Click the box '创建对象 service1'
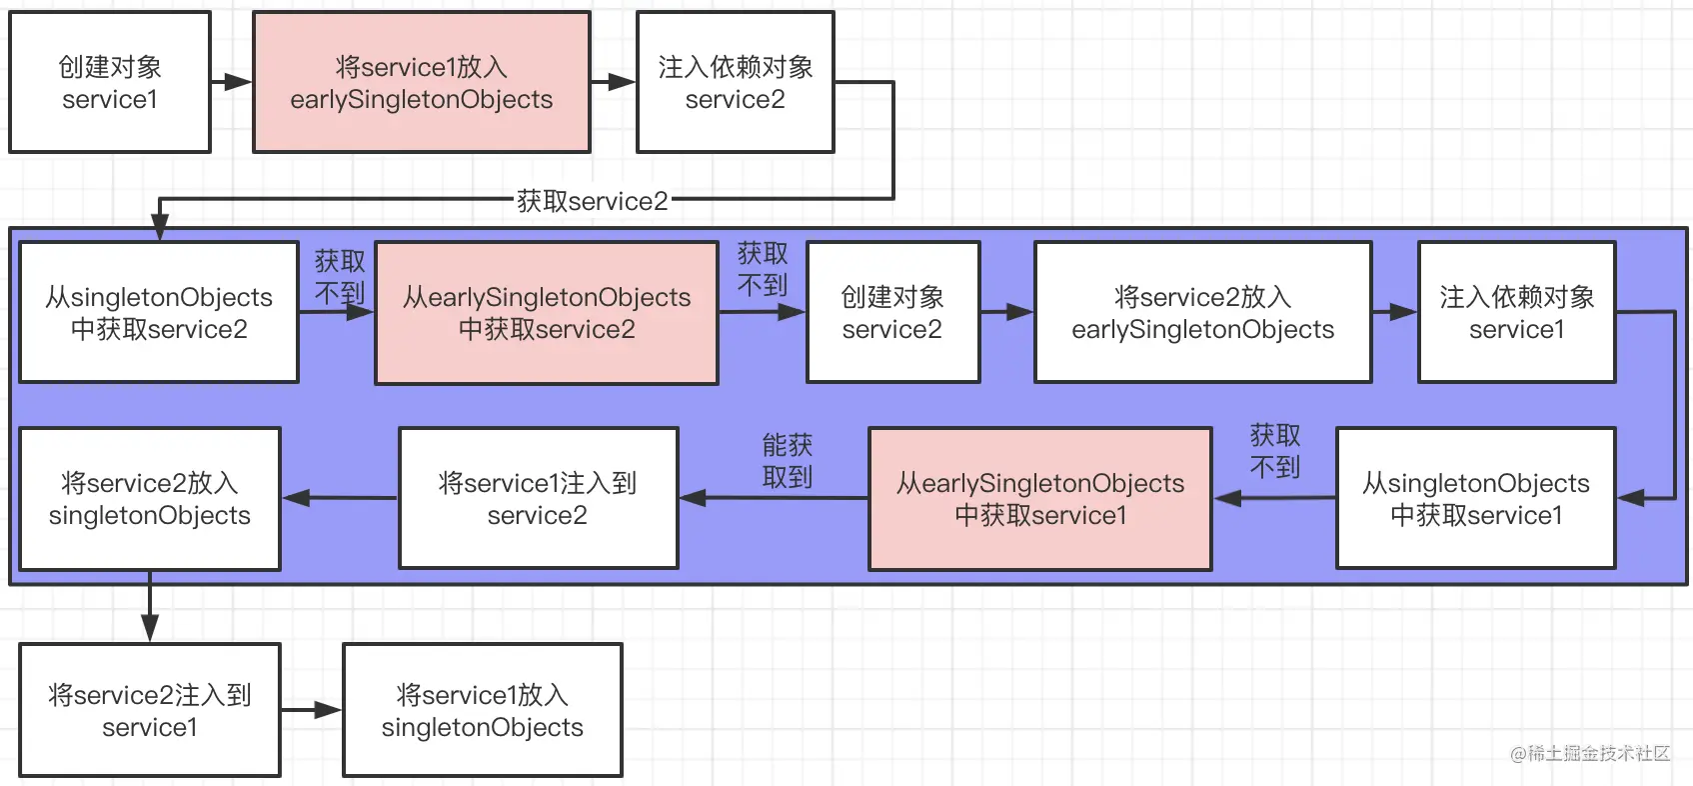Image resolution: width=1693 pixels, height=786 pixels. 110,83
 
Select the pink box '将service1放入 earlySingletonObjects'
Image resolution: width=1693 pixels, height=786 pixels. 422,83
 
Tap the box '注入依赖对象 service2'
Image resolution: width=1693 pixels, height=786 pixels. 736,83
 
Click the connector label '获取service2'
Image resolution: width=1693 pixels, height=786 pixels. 592,201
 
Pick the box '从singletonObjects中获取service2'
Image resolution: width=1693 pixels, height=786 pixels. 159,313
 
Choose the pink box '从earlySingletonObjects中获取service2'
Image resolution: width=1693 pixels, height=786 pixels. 547,313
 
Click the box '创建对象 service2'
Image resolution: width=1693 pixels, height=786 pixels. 892,313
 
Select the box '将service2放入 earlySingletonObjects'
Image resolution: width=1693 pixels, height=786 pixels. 1202,313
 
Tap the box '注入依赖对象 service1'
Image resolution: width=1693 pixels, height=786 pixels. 1516,313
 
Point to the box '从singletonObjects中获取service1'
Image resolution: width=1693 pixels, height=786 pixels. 1476,499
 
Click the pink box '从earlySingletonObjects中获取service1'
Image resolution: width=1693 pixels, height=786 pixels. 1040,499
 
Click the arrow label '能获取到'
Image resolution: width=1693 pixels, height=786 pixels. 788,461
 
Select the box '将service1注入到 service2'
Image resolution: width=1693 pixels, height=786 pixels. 538,499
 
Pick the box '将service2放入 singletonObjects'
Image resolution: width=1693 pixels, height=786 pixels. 150,499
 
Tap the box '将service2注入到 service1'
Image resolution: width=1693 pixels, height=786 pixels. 150,711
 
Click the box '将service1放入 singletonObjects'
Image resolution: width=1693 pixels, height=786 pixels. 483,711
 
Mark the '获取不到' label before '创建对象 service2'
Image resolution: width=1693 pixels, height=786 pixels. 763,269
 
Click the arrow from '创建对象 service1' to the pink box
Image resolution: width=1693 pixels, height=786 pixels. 232,82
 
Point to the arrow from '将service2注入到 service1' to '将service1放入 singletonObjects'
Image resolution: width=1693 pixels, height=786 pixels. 312,711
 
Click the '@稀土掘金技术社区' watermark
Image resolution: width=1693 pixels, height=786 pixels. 1590,753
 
